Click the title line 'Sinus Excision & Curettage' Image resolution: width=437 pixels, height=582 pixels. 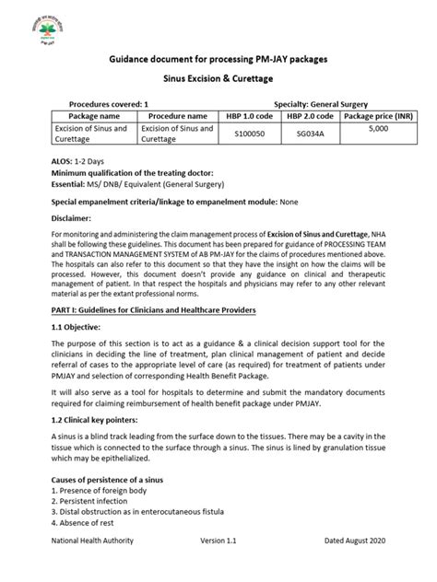point(218,81)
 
